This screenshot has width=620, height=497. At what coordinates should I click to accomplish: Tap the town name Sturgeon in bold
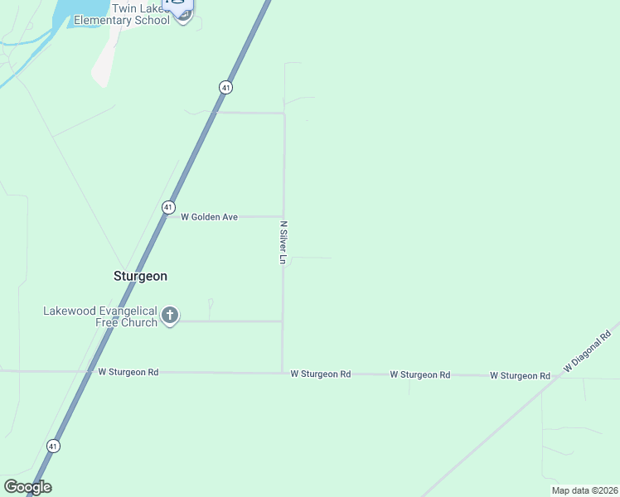pos(140,276)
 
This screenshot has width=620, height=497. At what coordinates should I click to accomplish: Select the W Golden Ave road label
pos(210,217)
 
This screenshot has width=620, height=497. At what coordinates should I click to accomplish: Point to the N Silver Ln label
pos(283,243)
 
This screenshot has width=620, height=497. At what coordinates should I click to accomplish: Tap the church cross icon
pos(170,315)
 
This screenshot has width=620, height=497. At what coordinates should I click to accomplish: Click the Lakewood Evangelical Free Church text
pos(99,316)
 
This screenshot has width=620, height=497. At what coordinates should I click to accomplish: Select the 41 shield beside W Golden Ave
pos(168,206)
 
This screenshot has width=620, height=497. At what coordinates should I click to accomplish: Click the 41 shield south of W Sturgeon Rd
pos(53,446)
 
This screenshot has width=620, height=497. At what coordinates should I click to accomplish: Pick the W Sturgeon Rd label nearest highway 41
pos(128,373)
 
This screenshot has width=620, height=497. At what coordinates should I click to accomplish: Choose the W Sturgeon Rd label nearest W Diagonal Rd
pos(520,376)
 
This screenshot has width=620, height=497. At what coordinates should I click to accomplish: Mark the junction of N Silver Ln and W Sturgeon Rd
pos(283,373)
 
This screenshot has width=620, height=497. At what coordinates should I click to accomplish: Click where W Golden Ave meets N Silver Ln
pos(283,217)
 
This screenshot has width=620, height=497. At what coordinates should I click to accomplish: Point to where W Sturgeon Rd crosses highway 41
pos(89,372)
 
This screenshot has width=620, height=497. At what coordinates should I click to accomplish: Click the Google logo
pos(27,487)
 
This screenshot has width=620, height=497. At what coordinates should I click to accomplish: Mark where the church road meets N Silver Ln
pos(283,321)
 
